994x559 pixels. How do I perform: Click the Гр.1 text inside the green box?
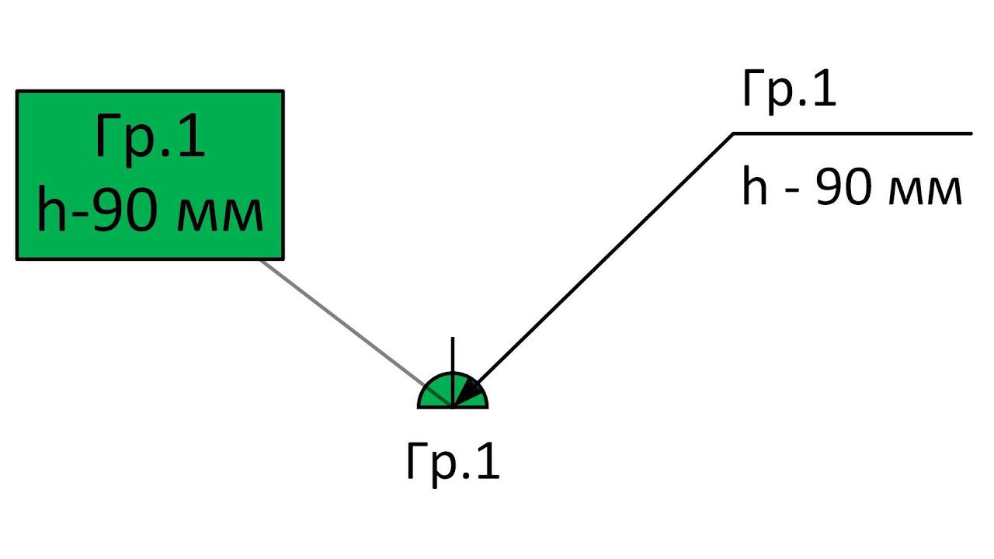150,137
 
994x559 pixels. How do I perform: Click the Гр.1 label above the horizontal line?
789,89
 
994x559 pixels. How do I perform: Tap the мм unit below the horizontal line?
928,191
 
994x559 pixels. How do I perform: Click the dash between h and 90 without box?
792,192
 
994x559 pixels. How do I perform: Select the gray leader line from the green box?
342,322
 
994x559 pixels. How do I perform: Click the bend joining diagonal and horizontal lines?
733,134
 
